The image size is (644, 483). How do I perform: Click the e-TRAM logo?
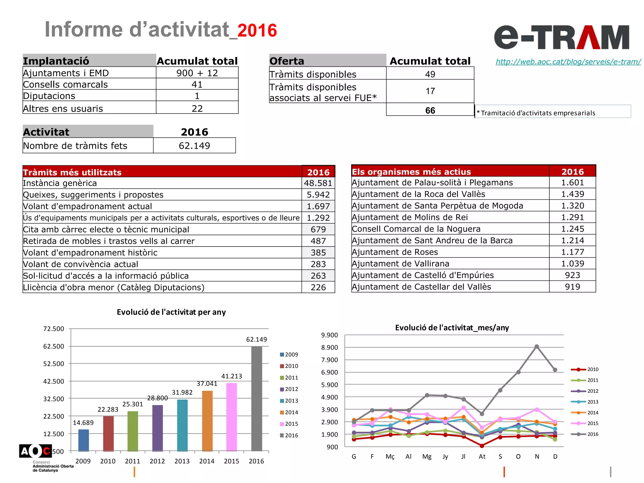click(562, 37)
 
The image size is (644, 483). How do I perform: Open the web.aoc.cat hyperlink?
click(568, 62)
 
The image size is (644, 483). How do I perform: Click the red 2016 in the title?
click(257, 31)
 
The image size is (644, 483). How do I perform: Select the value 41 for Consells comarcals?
click(197, 84)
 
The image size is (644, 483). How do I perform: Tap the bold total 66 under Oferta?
click(430, 110)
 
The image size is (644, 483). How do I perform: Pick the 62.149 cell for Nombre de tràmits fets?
click(194, 146)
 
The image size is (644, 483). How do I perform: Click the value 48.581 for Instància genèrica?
click(318, 183)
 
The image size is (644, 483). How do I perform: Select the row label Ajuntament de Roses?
click(395, 252)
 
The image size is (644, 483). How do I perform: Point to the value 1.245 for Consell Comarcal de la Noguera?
click(572, 229)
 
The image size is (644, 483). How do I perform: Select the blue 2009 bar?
click(83, 440)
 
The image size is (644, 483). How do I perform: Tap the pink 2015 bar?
click(231, 417)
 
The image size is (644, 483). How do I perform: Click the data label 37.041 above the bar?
click(207, 384)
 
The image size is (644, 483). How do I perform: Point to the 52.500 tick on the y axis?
click(53, 364)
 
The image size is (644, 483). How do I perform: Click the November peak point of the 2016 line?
click(537, 347)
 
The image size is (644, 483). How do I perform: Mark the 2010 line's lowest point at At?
click(482, 446)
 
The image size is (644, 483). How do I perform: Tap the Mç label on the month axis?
click(390, 457)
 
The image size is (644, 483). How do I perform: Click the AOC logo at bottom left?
click(35, 452)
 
